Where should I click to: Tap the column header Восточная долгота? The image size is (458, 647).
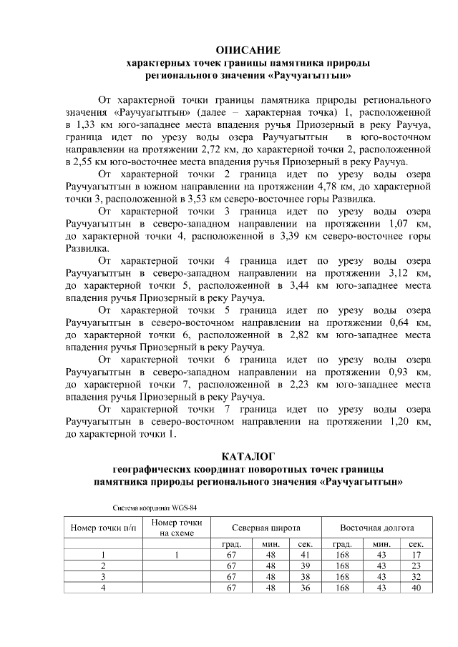tap(377, 528)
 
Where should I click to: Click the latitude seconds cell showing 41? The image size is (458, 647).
tap(303, 555)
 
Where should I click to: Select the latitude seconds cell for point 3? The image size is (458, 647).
tap(303, 576)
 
